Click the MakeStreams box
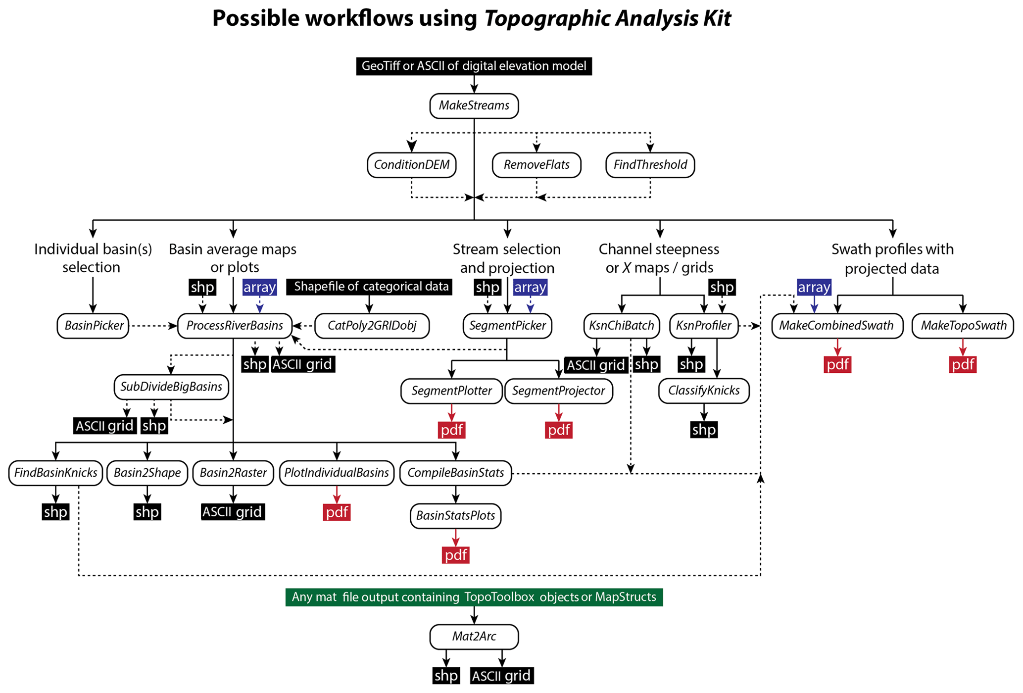click(x=474, y=106)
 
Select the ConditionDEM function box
click(x=411, y=165)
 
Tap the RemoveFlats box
click(x=536, y=165)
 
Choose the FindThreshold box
click(x=650, y=165)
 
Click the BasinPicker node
click(x=93, y=326)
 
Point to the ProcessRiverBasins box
click(x=235, y=326)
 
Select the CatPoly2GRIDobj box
click(x=372, y=326)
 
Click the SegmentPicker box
click(x=507, y=326)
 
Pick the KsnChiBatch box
click(x=622, y=326)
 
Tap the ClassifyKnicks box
click(x=703, y=391)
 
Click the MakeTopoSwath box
click(x=963, y=326)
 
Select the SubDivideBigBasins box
click(x=171, y=387)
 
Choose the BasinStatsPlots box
click(x=455, y=516)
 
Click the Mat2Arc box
click(x=474, y=637)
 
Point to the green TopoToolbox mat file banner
click(x=474, y=597)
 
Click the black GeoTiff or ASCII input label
click(x=474, y=66)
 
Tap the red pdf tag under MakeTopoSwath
click(x=963, y=365)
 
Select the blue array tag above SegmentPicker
click(x=530, y=287)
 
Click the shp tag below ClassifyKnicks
click(x=704, y=430)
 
